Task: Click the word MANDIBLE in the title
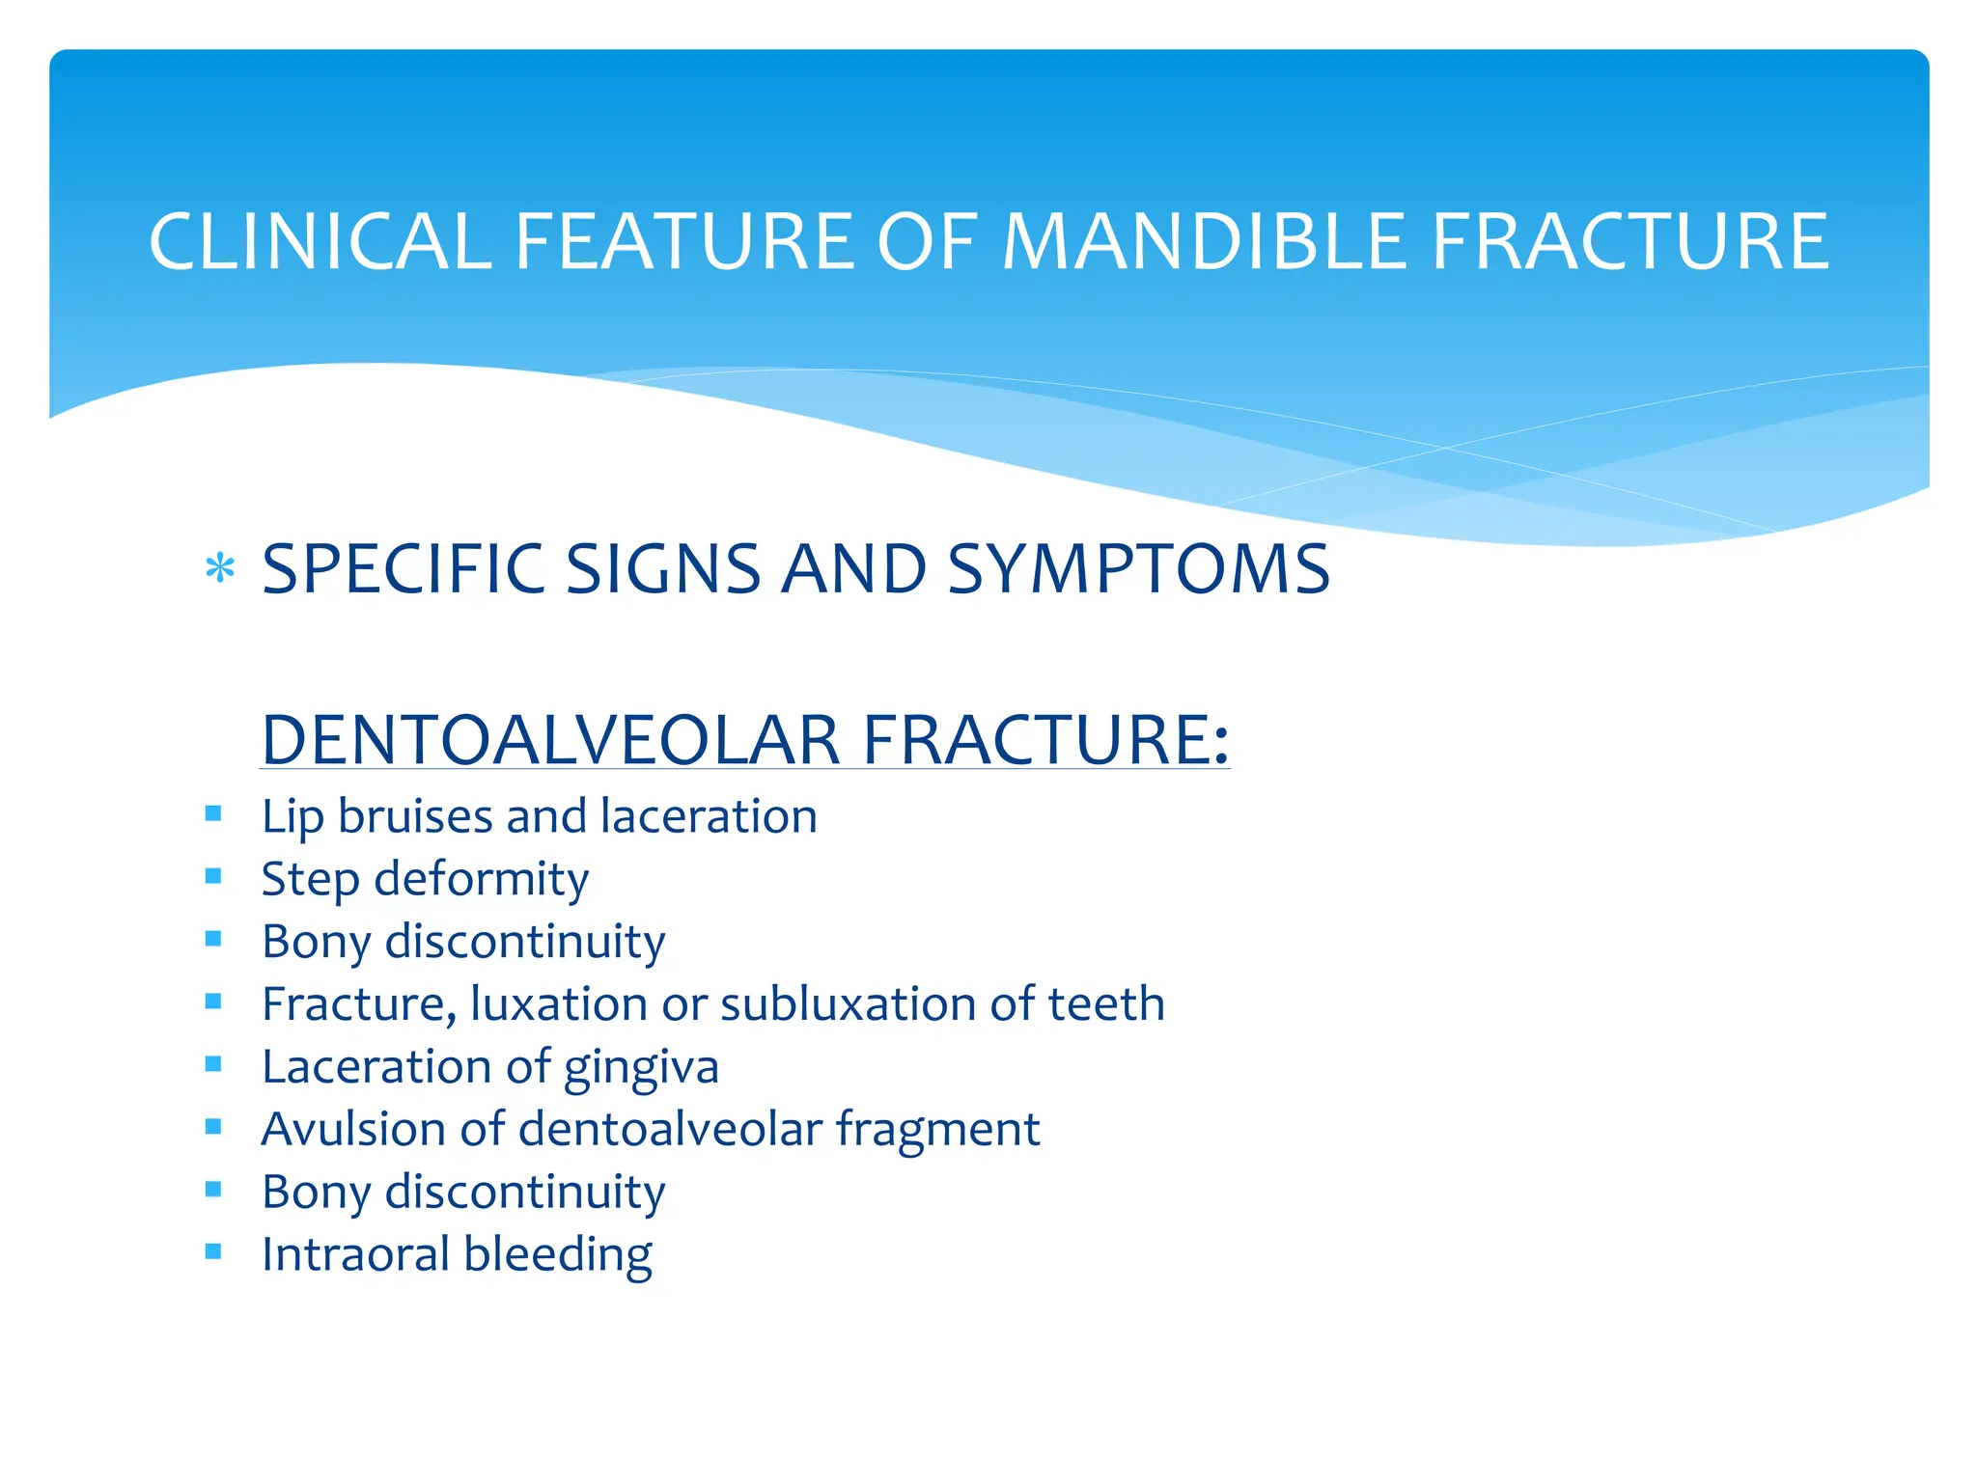point(1205,241)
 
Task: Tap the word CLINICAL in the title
point(320,241)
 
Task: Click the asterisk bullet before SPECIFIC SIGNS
point(220,568)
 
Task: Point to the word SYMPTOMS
point(1138,569)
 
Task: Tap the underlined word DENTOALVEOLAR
point(550,740)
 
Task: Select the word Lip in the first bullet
point(292,817)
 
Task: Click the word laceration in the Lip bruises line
point(709,816)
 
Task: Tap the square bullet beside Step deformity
point(213,876)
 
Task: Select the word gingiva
point(641,1068)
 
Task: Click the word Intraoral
point(354,1254)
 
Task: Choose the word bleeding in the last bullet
point(557,1255)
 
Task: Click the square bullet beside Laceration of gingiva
point(213,1063)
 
